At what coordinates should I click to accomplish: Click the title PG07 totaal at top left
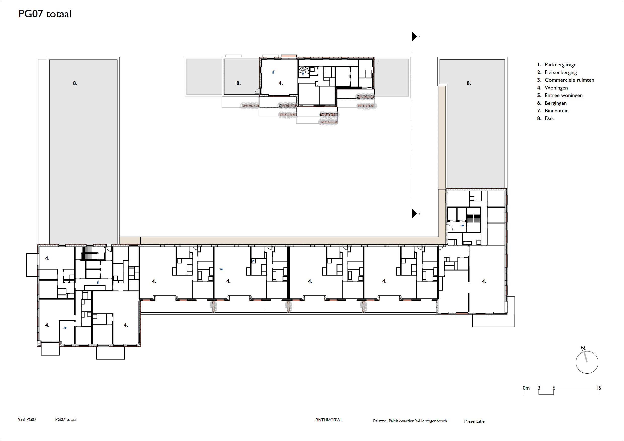point(45,14)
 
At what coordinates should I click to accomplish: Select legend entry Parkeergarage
point(560,65)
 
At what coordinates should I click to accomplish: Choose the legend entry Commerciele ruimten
point(569,80)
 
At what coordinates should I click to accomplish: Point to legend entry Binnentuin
point(556,111)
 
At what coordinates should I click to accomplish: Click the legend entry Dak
point(549,118)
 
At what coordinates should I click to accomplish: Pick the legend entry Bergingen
point(556,103)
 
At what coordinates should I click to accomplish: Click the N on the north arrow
point(583,348)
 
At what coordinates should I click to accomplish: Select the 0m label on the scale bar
point(526,388)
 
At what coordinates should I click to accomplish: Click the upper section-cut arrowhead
point(414,36)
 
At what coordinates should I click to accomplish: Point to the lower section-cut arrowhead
point(414,213)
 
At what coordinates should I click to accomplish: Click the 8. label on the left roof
point(75,83)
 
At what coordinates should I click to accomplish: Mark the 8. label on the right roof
point(469,83)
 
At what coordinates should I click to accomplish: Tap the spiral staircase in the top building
point(304,72)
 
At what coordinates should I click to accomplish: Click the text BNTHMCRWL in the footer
point(329,420)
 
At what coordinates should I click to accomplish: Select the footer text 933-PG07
point(27,419)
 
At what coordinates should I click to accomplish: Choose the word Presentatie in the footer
point(474,421)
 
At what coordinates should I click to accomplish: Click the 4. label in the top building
point(281,83)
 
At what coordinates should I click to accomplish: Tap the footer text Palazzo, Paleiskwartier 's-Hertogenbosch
point(410,421)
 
